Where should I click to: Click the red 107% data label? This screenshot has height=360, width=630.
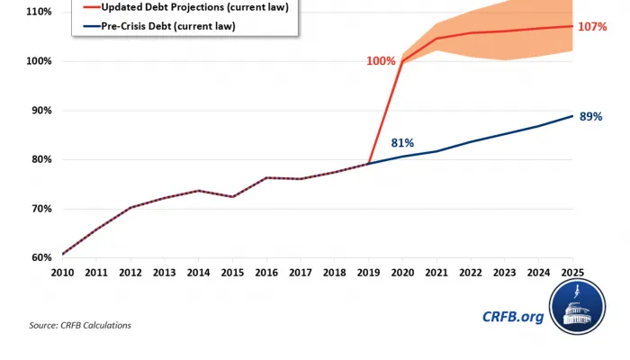coord(592,27)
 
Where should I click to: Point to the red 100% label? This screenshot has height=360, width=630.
coord(381,61)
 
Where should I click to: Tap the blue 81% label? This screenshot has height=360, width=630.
coord(402,143)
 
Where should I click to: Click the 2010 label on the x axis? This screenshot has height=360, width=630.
coord(62,272)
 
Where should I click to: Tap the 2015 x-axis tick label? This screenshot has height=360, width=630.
coord(233,272)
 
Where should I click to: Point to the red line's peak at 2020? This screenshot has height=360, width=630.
coord(402,62)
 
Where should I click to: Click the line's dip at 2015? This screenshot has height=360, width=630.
coord(232,196)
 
